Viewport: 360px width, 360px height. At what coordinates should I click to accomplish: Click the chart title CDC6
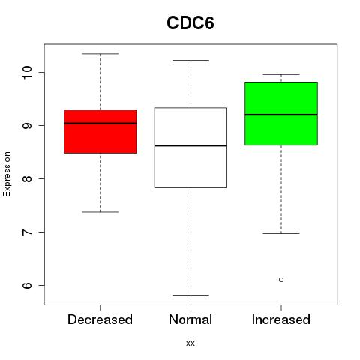coord(190,23)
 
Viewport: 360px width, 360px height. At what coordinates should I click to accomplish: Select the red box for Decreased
coord(100,131)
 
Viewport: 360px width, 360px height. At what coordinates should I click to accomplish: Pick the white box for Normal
coord(190,148)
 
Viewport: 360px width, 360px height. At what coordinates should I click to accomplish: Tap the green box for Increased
coord(281,113)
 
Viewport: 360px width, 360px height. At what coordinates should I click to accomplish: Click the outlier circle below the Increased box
coord(281,280)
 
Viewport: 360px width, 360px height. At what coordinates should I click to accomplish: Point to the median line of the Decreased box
coord(100,124)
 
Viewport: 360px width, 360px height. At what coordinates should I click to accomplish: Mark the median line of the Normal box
coord(190,145)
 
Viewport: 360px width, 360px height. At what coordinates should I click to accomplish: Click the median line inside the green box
coord(281,115)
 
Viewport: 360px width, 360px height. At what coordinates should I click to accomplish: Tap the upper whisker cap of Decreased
coord(100,54)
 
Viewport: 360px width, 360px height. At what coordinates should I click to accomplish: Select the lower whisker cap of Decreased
coord(100,212)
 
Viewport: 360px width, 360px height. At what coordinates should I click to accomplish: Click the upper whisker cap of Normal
coord(190,60)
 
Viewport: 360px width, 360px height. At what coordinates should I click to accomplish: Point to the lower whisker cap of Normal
coord(190,295)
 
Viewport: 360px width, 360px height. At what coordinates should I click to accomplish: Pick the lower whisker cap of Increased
coord(281,233)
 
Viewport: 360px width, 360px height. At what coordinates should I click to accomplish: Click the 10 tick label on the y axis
coord(27,72)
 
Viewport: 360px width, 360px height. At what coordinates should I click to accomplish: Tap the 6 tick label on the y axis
coord(27,285)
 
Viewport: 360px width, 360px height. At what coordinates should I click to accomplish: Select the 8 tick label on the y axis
coord(27,178)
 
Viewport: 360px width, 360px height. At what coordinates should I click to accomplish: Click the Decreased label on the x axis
coord(100,319)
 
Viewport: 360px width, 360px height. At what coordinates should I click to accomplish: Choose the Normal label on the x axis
coord(190,319)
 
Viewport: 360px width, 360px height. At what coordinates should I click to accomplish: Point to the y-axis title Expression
coord(7,174)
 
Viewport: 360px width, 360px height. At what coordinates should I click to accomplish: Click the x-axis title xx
coord(190,343)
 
